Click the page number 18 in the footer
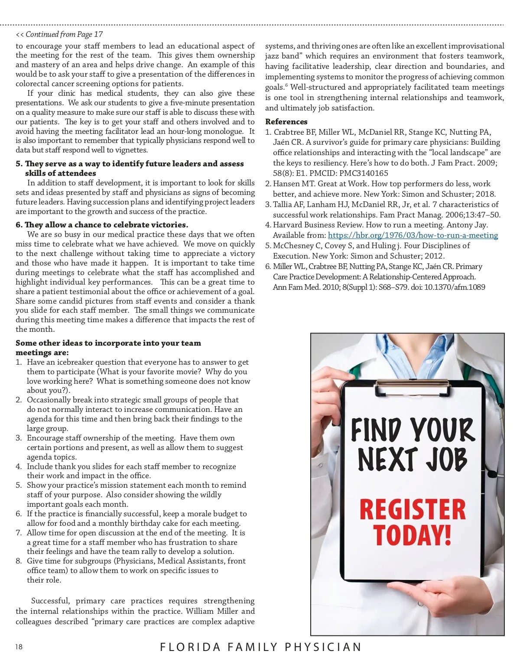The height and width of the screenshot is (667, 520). pyautogui.click(x=19, y=647)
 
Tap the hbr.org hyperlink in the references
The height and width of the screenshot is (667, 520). pyautogui.click(x=413, y=235)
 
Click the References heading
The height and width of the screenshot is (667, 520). pyautogui.click(x=286, y=122)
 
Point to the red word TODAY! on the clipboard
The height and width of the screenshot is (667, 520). pyautogui.click(x=412, y=535)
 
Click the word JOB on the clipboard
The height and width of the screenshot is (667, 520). pyautogui.click(x=446, y=459)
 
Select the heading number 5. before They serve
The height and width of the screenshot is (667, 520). pyautogui.click(x=19, y=164)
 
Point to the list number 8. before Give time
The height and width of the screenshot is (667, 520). pyautogui.click(x=19, y=561)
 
